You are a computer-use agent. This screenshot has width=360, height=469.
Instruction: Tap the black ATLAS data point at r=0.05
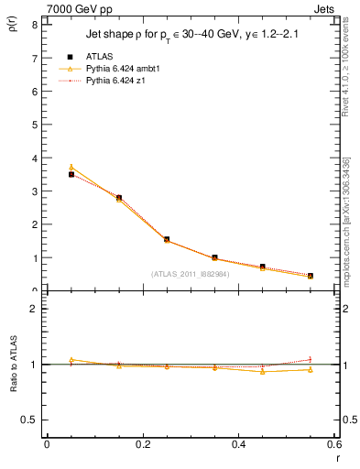[x=71, y=174]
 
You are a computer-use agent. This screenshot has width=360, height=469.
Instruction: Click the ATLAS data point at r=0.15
[x=119, y=198]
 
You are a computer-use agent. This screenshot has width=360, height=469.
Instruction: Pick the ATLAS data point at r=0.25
[x=167, y=239]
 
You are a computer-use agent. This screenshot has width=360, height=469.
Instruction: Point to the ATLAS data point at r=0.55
[x=311, y=276]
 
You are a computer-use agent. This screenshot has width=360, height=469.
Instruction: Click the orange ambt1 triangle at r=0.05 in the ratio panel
[x=71, y=360]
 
